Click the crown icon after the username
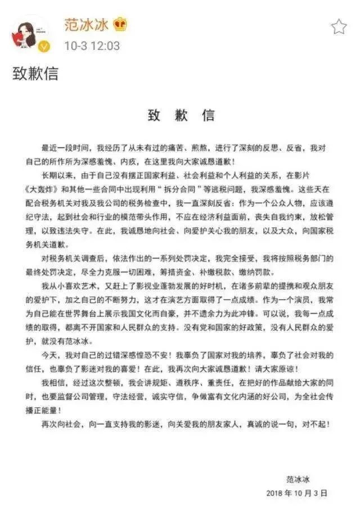click(x=119, y=25)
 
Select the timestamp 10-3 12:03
click(x=92, y=46)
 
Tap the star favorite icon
click(x=339, y=26)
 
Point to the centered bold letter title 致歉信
click(x=181, y=116)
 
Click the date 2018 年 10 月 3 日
click(x=296, y=493)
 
